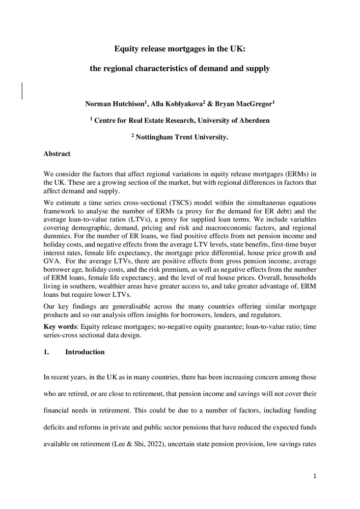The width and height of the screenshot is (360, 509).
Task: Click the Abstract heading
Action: (57, 154)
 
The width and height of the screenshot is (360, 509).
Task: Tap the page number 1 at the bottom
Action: (315, 476)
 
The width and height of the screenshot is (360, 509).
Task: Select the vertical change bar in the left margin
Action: (22, 90)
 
